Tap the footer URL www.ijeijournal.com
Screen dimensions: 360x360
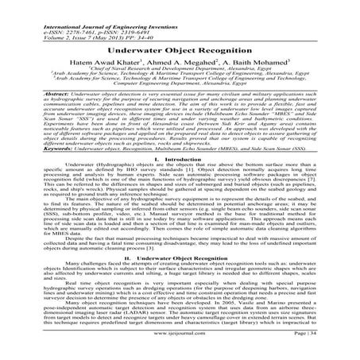click(180, 346)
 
